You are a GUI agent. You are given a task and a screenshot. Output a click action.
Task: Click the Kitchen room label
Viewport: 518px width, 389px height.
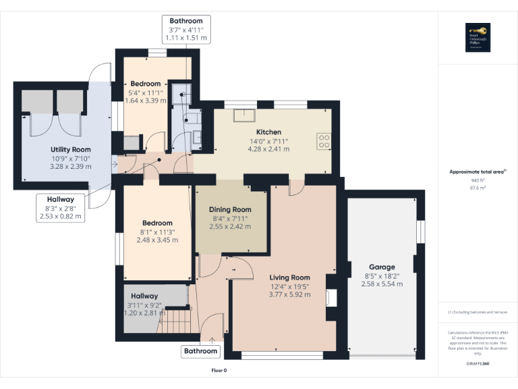[268, 132]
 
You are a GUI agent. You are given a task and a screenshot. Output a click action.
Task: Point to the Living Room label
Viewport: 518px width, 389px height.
[289, 278]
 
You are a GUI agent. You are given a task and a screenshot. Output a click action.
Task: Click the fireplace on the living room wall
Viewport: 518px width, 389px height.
[330, 297]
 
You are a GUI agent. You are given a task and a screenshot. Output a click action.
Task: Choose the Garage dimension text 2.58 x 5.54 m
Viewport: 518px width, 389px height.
[381, 284]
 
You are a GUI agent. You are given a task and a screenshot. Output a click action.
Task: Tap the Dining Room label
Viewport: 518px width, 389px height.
[229, 209]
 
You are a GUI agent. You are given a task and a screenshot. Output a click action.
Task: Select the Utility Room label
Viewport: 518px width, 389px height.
[70, 149]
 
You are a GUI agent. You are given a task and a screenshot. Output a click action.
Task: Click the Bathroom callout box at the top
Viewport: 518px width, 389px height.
[186, 30]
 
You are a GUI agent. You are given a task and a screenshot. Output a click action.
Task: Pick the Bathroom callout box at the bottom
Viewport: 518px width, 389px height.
[201, 351]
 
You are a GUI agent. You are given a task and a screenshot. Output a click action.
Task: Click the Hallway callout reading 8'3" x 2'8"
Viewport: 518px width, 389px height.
[61, 208]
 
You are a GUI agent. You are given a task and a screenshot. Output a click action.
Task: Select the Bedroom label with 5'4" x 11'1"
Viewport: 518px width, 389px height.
[145, 84]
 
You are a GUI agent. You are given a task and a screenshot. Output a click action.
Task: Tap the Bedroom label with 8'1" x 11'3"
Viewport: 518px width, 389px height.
[156, 223]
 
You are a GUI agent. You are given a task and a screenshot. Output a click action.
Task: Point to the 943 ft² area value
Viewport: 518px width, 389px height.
[478, 180]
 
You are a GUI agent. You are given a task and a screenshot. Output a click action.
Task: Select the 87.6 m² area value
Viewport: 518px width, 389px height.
[478, 188]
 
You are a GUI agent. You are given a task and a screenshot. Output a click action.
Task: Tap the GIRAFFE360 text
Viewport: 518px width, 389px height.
[478, 364]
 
